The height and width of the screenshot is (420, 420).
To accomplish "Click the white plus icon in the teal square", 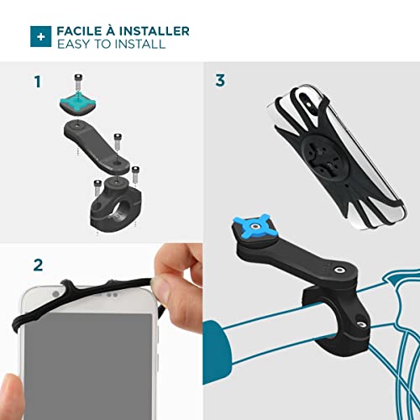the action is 41,37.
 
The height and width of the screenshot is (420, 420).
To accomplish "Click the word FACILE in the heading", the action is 79,31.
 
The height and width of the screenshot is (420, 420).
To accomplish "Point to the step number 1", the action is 38,81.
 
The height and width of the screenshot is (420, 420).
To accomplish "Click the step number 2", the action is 39,265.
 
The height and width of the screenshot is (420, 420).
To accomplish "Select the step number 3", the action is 220,81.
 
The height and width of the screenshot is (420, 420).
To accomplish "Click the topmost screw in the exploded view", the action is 78,81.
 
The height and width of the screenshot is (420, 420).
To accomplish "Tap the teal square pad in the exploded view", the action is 78,102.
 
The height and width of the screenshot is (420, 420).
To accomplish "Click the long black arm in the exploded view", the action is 96,146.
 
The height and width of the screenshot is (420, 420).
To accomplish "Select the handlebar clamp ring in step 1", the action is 115,206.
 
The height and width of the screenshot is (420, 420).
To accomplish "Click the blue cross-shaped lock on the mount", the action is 252,226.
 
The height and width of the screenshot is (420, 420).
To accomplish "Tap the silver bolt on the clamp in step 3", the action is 361,324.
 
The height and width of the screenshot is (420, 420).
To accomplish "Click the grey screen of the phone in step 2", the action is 88,366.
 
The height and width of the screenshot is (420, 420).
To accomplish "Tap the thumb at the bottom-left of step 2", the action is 11,397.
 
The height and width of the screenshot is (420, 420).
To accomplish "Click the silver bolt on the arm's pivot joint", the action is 339,270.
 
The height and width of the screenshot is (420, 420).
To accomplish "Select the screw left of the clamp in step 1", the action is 97,188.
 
